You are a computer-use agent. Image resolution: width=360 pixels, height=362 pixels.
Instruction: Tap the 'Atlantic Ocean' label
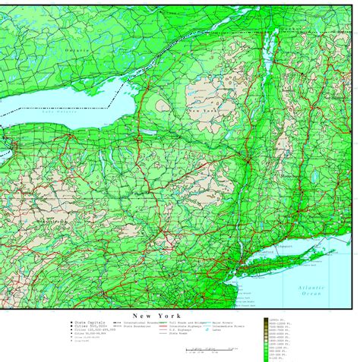coord(311,291)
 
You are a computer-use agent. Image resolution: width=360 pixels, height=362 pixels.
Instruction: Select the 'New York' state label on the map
coord(200,112)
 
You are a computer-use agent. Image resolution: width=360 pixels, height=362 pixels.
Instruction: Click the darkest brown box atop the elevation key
coord(270,322)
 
